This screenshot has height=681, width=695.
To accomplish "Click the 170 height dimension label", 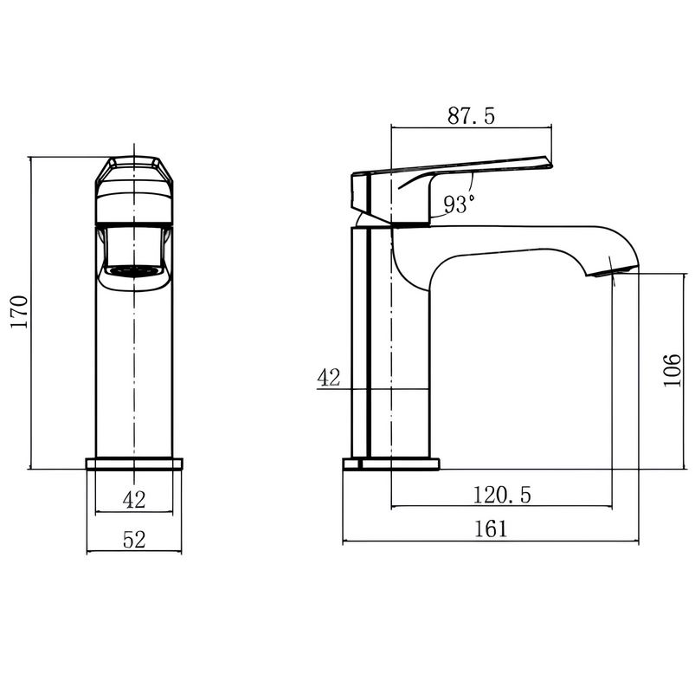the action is coord(20,311).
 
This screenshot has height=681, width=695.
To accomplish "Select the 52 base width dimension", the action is coord(134,540).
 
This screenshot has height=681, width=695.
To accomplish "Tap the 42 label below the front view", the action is coord(134,500).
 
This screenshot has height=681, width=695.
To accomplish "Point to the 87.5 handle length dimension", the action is coord(471,116).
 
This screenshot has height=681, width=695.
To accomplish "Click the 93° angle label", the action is coord(460,205).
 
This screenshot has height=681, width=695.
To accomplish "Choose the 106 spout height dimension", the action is coord(672,371).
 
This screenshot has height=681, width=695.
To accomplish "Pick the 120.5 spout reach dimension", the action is coord(502,495).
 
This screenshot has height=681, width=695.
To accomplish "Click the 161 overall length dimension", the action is coord(491,529).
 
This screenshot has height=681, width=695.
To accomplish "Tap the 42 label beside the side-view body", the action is coord(328,378).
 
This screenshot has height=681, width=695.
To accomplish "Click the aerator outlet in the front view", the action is coord(134,271).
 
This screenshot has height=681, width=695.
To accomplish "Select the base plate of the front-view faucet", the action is coord(134,464).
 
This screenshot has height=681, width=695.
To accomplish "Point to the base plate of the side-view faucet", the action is coord(391,464).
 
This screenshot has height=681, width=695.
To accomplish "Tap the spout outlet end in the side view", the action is coord(612,270).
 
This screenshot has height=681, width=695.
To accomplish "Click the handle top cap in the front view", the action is coord(134,170).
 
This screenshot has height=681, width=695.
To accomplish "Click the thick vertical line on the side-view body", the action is coord(369,316).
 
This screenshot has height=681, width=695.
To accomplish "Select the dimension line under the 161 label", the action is coord(491,542).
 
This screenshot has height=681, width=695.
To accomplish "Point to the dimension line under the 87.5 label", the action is coord(471,127).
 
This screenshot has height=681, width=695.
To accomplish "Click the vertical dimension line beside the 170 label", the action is coord(30,312).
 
